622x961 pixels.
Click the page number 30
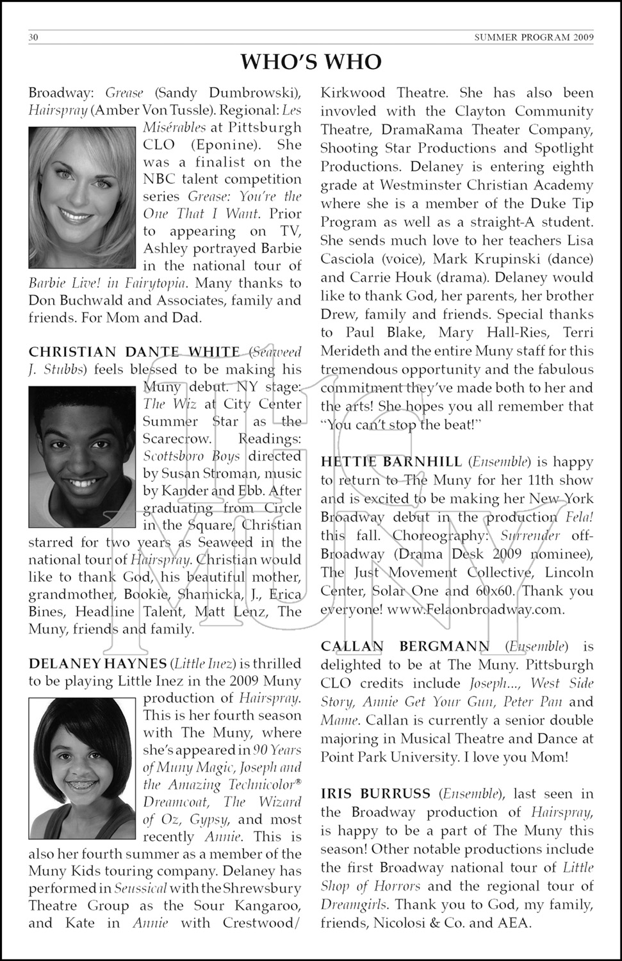33,37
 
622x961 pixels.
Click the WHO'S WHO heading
311,62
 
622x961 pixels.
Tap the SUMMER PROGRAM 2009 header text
534,37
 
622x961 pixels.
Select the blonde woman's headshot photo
82,197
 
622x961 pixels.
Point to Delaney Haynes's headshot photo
82,768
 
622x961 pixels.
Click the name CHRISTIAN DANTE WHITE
134,352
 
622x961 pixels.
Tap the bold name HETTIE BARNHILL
391,462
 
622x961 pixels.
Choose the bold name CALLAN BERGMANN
405,646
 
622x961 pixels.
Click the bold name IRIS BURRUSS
375,794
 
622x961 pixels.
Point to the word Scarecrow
177,439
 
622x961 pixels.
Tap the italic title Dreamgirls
355,905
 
